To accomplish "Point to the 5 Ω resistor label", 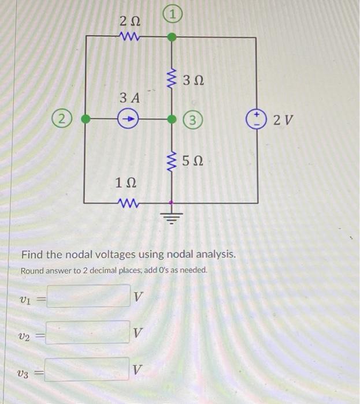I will [x=193, y=161].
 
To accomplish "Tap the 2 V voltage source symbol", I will [x=255, y=120].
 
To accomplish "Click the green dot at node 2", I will [x=86, y=119].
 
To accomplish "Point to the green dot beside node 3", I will [x=172, y=119].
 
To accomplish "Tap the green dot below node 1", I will [x=172, y=38].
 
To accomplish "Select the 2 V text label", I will [x=284, y=120].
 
